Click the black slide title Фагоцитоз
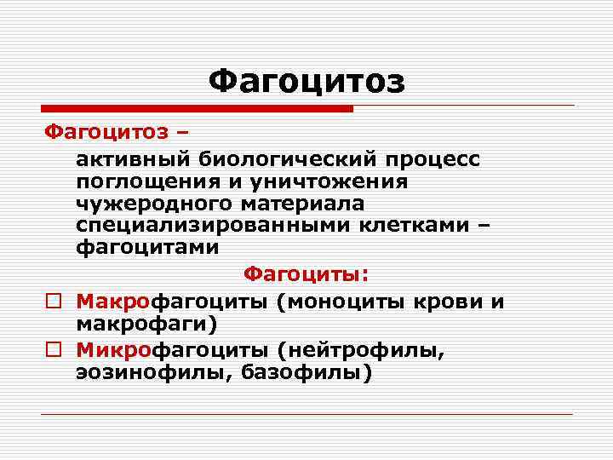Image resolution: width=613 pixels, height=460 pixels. [x=306, y=83]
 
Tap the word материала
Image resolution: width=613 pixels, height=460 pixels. [x=300, y=204]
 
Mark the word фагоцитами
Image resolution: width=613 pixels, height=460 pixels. [x=147, y=248]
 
